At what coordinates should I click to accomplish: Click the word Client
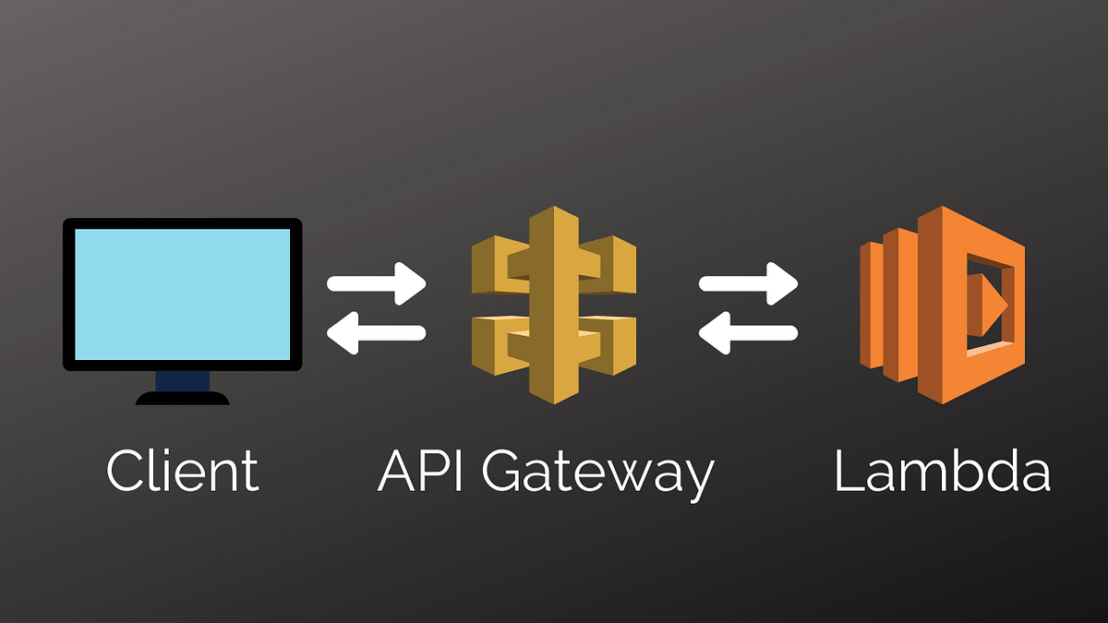[182, 471]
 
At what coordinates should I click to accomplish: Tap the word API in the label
[420, 471]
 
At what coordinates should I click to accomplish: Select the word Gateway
[596, 473]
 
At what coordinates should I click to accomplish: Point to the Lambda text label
[942, 471]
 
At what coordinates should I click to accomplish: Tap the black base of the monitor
[182, 398]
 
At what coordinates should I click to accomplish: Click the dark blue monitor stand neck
[182, 379]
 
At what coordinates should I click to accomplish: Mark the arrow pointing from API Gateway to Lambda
[748, 283]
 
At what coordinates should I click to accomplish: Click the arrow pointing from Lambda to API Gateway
[748, 332]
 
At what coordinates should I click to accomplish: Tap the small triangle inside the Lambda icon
[991, 301]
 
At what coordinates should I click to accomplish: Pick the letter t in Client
[249, 472]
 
